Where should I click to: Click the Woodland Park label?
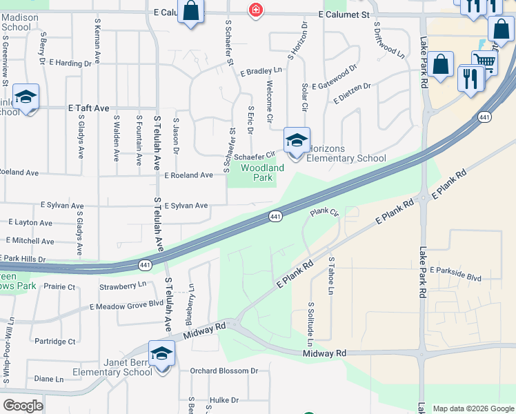(x=262, y=172)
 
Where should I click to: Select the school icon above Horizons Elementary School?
(x=297, y=141)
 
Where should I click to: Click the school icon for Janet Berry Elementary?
(x=161, y=353)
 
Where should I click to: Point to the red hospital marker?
(x=256, y=10)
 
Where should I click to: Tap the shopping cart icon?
(x=485, y=63)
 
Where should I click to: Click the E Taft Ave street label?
(x=88, y=108)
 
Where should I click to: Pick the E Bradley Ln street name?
(x=261, y=71)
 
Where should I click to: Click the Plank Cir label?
(x=325, y=213)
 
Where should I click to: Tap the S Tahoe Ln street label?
(x=331, y=276)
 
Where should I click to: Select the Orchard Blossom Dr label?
(x=224, y=371)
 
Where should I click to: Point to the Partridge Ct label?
(x=55, y=341)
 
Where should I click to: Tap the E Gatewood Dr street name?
(x=334, y=77)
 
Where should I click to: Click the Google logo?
(x=23, y=406)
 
